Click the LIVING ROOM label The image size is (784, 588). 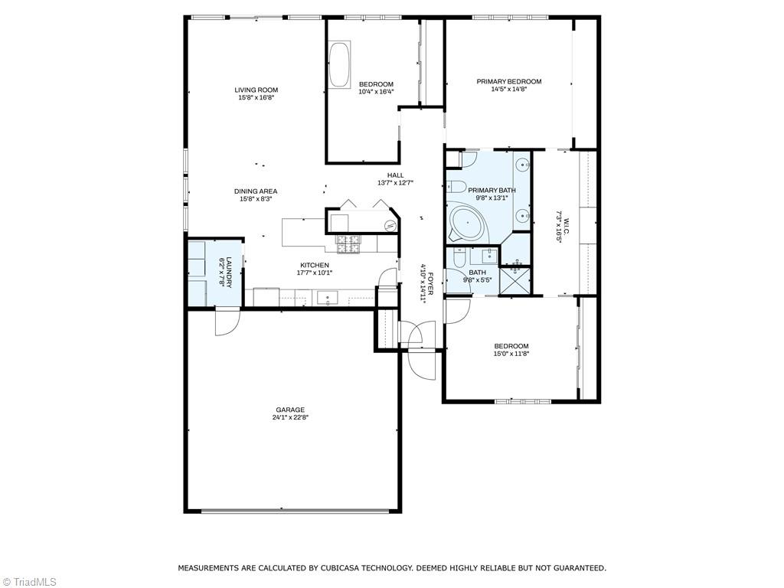tap(256, 90)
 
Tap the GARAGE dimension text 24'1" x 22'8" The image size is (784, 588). tap(290, 418)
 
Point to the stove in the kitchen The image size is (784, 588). tap(348, 244)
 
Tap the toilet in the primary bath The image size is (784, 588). tap(457, 185)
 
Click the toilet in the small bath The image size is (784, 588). tap(459, 257)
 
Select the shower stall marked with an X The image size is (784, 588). tap(515, 279)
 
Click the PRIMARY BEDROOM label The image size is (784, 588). tap(508, 81)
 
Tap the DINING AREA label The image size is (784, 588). tap(256, 191)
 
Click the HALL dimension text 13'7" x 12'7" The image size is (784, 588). tap(395, 183)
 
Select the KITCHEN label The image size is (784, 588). tap(314, 265)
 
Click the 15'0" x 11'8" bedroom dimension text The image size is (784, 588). tap(511, 354)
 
